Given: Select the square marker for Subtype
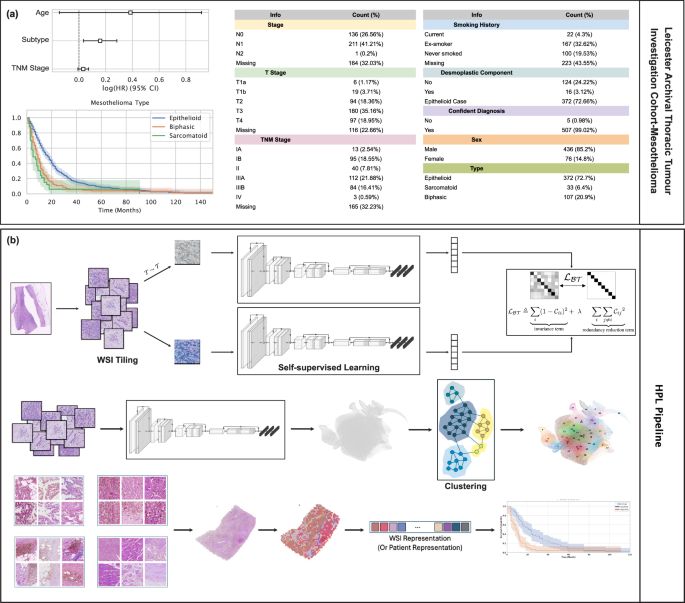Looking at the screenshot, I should point(100,41).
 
